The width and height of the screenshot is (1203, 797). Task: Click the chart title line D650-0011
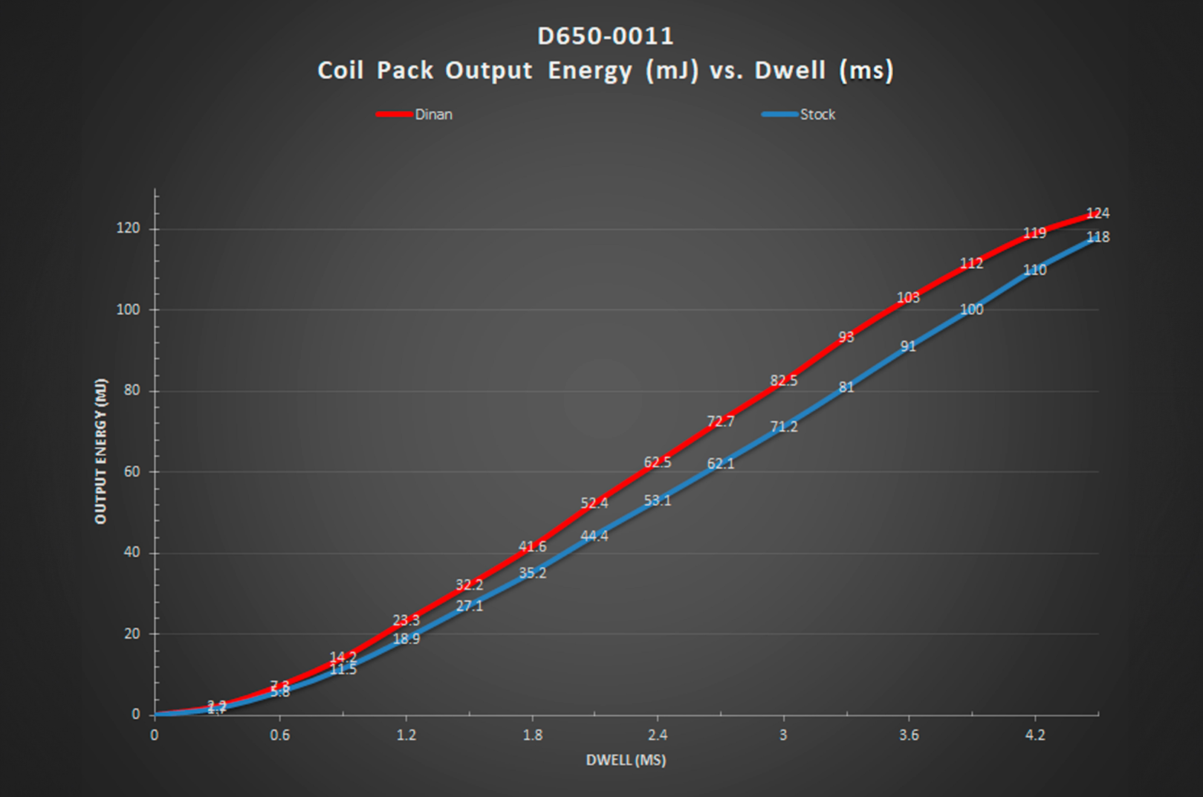pyautogui.click(x=605, y=36)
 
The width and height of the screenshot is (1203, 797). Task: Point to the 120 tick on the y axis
pyautogui.click(x=128, y=228)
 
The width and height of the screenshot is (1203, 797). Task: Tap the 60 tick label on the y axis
pyautogui.click(x=132, y=471)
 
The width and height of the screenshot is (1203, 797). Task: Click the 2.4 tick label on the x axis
pyautogui.click(x=658, y=735)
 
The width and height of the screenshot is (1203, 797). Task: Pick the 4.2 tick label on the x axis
pyautogui.click(x=1034, y=735)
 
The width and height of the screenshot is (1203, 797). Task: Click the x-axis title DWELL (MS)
pyautogui.click(x=626, y=760)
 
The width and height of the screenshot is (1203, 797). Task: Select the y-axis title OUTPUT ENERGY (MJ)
pyautogui.click(x=101, y=451)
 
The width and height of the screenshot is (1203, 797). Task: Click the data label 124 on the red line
pyautogui.click(x=1097, y=213)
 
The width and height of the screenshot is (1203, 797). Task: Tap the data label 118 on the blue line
pyautogui.click(x=1097, y=237)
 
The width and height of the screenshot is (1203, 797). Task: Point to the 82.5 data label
pyautogui.click(x=783, y=381)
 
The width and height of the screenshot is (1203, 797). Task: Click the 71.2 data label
pyautogui.click(x=783, y=427)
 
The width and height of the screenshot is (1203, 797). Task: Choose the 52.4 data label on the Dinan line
pyautogui.click(x=594, y=503)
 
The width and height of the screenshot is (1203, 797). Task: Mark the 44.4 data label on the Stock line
pyautogui.click(x=594, y=536)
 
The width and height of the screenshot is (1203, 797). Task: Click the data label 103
pyautogui.click(x=908, y=297)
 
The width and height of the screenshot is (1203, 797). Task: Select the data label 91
pyautogui.click(x=908, y=346)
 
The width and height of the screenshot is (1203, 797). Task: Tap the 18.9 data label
pyautogui.click(x=406, y=639)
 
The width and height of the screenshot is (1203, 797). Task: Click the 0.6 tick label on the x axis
pyautogui.click(x=279, y=735)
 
